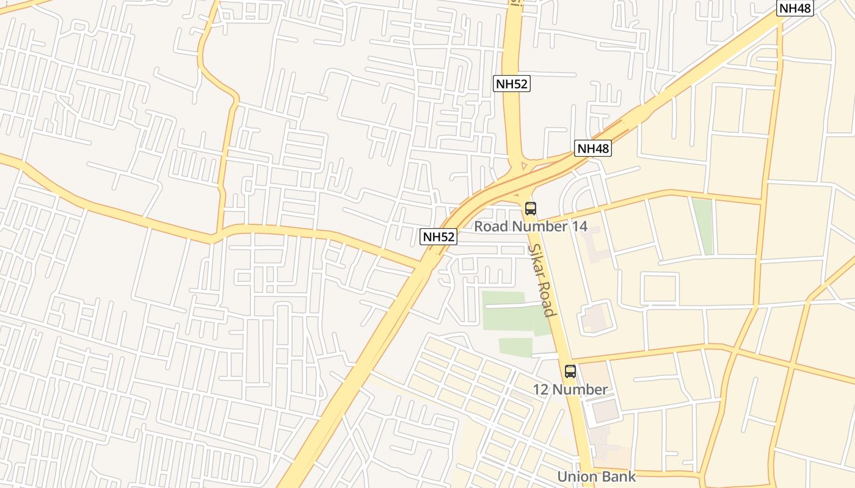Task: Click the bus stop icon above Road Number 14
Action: (531, 209)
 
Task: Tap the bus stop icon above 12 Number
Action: (570, 371)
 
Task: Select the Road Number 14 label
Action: (531, 226)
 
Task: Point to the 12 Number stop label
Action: (570, 389)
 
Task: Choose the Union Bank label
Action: (596, 476)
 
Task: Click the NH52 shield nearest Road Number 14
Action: (438, 237)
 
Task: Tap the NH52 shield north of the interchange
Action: (511, 84)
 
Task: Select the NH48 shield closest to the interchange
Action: (592, 148)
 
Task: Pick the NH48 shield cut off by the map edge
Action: (795, 8)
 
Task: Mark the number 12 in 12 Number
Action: (541, 389)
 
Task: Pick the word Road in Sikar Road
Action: (547, 298)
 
